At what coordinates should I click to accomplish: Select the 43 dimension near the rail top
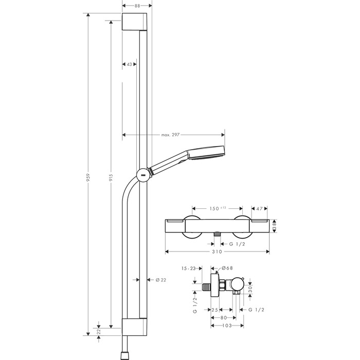pos(129,64)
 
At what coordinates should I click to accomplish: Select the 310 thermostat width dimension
pos(217,253)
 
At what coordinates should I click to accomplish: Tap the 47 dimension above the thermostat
pos(259,209)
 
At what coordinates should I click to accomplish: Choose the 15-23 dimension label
pos(189,268)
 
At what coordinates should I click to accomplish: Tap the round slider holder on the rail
pos(142,174)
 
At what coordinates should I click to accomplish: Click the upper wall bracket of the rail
pos(137,23)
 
